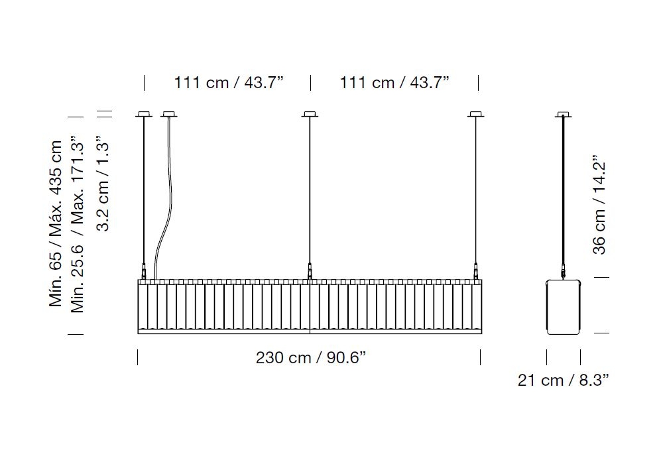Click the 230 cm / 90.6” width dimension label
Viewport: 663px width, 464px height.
click(311, 357)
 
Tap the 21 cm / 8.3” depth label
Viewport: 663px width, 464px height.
click(564, 380)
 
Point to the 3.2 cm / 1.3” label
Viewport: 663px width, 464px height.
click(103, 184)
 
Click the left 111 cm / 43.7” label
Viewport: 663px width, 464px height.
click(228, 82)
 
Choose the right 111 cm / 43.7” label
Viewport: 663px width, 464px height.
click(394, 82)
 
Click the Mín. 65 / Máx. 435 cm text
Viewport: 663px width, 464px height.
click(56, 223)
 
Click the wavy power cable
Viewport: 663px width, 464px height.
click(164, 199)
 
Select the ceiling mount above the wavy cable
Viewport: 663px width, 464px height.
click(168, 114)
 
